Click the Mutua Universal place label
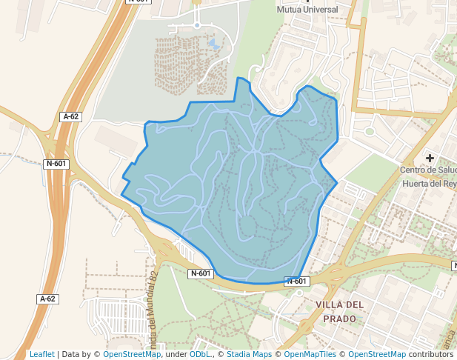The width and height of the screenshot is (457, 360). pyautogui.click(x=307, y=10)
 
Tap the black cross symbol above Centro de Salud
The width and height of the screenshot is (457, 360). pyautogui.click(x=430, y=158)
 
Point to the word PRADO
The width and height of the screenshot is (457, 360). pyautogui.click(x=339, y=319)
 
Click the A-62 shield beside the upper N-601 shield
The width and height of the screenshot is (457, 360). pyautogui.click(x=70, y=116)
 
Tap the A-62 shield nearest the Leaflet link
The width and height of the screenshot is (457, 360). pyautogui.click(x=47, y=299)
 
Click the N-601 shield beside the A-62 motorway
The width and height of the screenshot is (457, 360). pyautogui.click(x=56, y=164)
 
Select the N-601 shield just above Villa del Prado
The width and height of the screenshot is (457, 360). pyautogui.click(x=296, y=281)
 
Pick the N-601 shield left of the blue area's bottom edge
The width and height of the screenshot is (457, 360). pyautogui.click(x=201, y=273)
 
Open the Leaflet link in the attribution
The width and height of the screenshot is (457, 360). pyautogui.click(x=41, y=354)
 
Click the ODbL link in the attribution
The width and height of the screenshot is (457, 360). pyautogui.click(x=200, y=354)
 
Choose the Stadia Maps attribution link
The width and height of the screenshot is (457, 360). pyautogui.click(x=249, y=354)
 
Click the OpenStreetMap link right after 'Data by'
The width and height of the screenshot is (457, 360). pyautogui.click(x=132, y=354)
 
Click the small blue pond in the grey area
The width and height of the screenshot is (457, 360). pyautogui.click(x=215, y=44)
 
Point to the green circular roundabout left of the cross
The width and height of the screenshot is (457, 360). pyautogui.click(x=370, y=131)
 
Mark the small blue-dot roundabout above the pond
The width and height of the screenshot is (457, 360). pyautogui.click(x=197, y=25)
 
